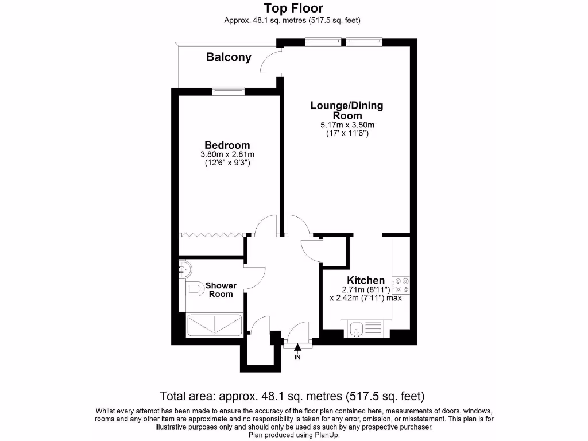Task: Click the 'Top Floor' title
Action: [x=293, y=8]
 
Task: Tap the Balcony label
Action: [x=229, y=57]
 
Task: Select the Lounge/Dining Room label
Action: [x=346, y=110]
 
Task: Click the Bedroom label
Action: [x=227, y=145]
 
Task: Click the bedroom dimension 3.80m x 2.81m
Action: [x=227, y=154]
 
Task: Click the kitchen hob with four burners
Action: [x=401, y=285]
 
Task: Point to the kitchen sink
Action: [x=357, y=330]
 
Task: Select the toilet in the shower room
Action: [x=193, y=289]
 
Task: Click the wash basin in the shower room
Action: [x=184, y=268]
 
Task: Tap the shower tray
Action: [x=214, y=325]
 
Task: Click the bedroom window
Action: [x=228, y=90]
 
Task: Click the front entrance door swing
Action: [x=299, y=333]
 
